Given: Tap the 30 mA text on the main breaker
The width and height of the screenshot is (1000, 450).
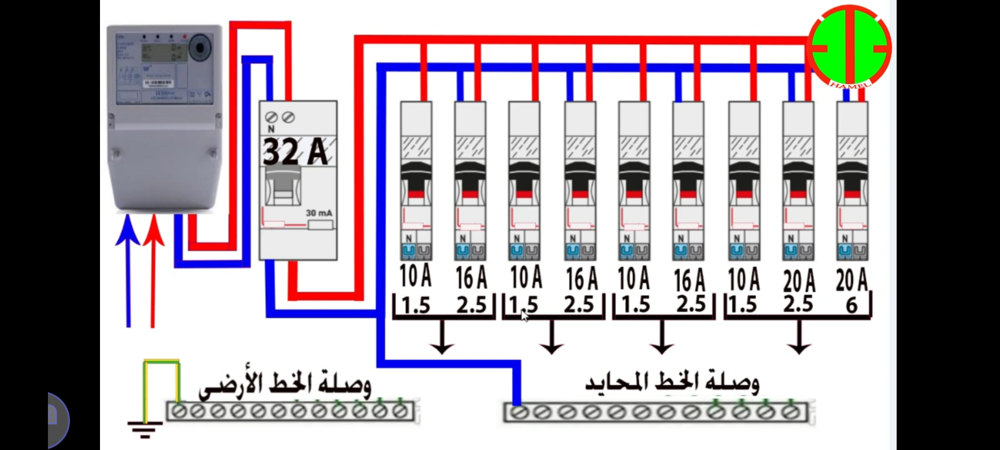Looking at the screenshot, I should [x=319, y=213].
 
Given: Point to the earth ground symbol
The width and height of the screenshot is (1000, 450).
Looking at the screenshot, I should [x=145, y=429].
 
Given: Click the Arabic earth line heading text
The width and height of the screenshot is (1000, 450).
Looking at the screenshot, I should [x=285, y=385].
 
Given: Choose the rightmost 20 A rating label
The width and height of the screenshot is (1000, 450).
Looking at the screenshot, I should [x=852, y=279].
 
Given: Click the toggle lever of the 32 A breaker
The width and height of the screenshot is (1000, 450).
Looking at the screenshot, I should [x=283, y=185].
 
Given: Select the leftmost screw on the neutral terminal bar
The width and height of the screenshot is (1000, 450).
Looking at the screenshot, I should [x=517, y=412].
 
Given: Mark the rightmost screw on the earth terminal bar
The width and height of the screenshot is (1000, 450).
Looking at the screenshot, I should [x=400, y=412].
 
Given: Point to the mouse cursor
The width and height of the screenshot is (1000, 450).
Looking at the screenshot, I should [x=524, y=315].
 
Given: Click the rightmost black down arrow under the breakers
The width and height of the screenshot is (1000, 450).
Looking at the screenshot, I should [x=799, y=337].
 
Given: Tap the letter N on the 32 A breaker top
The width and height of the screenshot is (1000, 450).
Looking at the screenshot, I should [x=271, y=129].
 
